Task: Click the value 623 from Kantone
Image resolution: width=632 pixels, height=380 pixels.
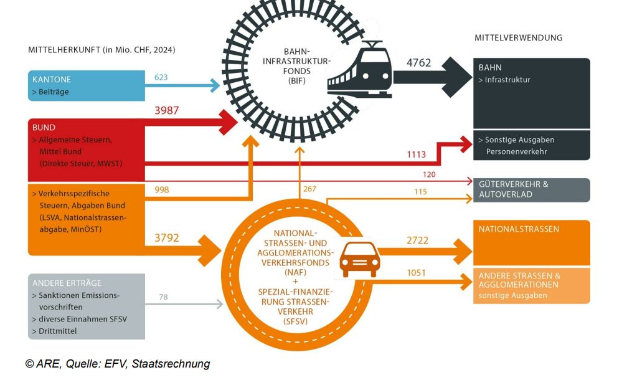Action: pos(161,77)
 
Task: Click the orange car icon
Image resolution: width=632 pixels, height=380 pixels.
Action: pos(359,258)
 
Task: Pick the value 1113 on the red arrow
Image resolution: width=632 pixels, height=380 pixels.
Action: pos(417,154)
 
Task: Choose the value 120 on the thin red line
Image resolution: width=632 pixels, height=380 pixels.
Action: pos(429,174)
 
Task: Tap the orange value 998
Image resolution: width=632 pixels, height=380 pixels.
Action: pos(161,189)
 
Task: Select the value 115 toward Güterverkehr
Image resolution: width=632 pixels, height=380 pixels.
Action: pos(420,192)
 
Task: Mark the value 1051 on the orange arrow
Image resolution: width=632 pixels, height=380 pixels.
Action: pos(417,273)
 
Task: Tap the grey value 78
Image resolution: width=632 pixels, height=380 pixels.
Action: pos(163,297)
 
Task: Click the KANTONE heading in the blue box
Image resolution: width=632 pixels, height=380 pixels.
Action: pos(52,80)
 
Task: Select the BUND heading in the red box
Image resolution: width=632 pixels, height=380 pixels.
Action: pos(44,128)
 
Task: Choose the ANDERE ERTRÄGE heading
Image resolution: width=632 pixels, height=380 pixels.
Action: pos(66,283)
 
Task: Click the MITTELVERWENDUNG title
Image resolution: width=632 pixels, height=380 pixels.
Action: pos(518,37)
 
